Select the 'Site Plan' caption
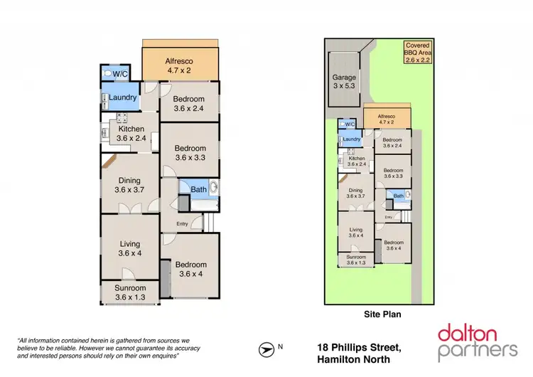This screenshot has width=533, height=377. click(x=372, y=312)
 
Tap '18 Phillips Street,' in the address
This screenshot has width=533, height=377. click(x=359, y=347)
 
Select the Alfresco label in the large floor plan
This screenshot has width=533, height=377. click(x=180, y=65)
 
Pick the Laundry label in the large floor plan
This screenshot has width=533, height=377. click(x=117, y=97)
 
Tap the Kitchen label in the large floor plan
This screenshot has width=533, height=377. click(x=130, y=134)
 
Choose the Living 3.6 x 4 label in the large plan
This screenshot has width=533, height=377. click(x=129, y=249)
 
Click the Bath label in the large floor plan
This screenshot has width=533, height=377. click(x=198, y=189)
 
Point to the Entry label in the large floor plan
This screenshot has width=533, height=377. click(x=183, y=225)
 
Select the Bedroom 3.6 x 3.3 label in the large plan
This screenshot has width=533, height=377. click(x=190, y=153)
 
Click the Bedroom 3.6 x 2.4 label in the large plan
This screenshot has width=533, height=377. click(x=189, y=104)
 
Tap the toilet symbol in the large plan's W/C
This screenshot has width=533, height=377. click(x=107, y=73)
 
